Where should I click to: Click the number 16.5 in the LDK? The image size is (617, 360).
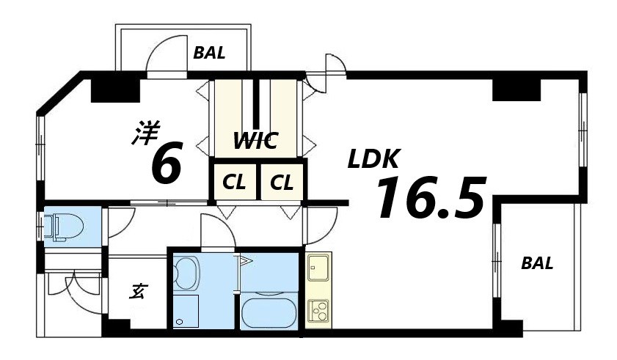click(431, 198)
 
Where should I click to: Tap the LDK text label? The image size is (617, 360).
click(373, 159)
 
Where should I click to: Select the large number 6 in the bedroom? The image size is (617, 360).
click(167, 164)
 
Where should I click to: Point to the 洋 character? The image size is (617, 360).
click(145, 133)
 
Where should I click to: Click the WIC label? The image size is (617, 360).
click(255, 141)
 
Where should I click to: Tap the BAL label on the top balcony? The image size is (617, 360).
click(209, 54)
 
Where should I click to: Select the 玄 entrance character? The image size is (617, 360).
click(136, 291)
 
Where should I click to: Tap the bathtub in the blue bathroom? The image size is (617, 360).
click(269, 311)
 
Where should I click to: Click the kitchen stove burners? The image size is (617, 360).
click(318, 312)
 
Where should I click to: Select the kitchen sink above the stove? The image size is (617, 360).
click(318, 267)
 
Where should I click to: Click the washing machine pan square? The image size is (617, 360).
click(186, 312)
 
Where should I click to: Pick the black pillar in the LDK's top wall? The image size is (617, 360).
click(516, 87)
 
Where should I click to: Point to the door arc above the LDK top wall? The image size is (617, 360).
click(333, 64)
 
